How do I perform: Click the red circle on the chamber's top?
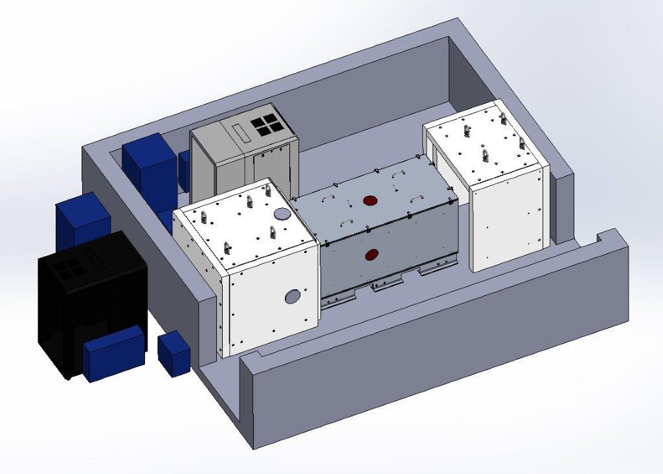pos(370,200)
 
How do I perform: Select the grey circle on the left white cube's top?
pos(282,213)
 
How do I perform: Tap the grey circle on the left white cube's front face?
pos(293,296)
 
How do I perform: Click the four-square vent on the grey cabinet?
pos(267,126)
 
